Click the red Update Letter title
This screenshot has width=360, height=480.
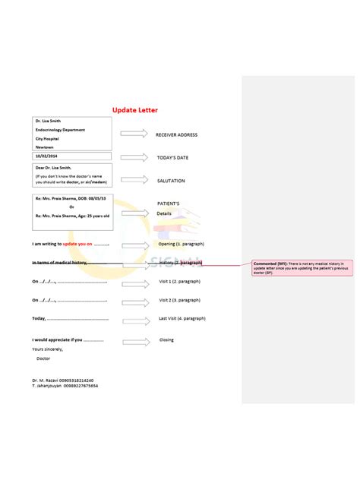(134, 111)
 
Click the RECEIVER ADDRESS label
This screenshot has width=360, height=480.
(176, 135)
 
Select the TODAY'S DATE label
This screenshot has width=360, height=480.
(172, 158)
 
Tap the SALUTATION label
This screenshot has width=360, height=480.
(170, 182)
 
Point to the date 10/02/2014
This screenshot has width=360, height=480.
(46, 156)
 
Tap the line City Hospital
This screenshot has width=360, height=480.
(49, 138)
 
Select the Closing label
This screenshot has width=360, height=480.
(166, 339)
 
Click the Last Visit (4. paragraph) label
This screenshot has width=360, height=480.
(182, 319)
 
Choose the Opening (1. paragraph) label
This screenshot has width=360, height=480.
(181, 245)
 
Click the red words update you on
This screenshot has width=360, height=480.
(77, 245)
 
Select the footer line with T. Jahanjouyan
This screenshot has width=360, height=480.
(65, 386)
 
